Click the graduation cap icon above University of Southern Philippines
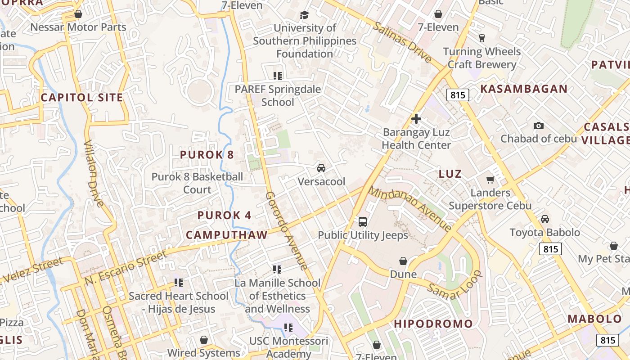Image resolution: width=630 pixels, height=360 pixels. [305, 15]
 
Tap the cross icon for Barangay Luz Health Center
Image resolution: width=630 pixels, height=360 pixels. [416, 119]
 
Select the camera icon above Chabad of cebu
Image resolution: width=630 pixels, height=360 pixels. [538, 126]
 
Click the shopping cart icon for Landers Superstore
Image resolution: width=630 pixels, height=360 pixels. [490, 180]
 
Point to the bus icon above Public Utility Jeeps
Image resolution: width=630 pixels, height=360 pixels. [363, 221]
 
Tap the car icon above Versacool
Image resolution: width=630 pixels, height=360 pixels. [321, 168]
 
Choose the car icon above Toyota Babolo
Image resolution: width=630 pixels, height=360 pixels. [545, 219]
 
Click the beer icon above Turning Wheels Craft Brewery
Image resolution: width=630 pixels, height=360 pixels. [482, 38]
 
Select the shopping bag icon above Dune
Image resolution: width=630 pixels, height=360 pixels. [403, 261]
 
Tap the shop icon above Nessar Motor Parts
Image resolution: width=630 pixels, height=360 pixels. [78, 14]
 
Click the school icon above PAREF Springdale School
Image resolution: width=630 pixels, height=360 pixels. [278, 76]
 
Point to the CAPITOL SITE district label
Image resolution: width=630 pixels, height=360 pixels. [82, 97]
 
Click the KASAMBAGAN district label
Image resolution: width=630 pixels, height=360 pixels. [524, 89]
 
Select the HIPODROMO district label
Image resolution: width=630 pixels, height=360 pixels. [433, 324]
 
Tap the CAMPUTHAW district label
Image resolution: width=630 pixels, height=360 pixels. [227, 234]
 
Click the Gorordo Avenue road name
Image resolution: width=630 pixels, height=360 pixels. [287, 230]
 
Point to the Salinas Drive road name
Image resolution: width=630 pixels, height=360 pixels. [402, 41]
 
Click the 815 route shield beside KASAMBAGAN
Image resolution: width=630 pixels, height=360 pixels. [458, 95]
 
